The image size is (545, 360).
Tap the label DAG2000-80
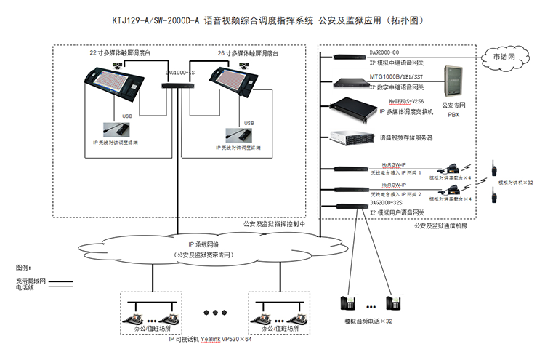[385, 52]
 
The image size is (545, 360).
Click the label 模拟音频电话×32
[368, 321]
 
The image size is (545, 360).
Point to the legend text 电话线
[28, 287]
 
